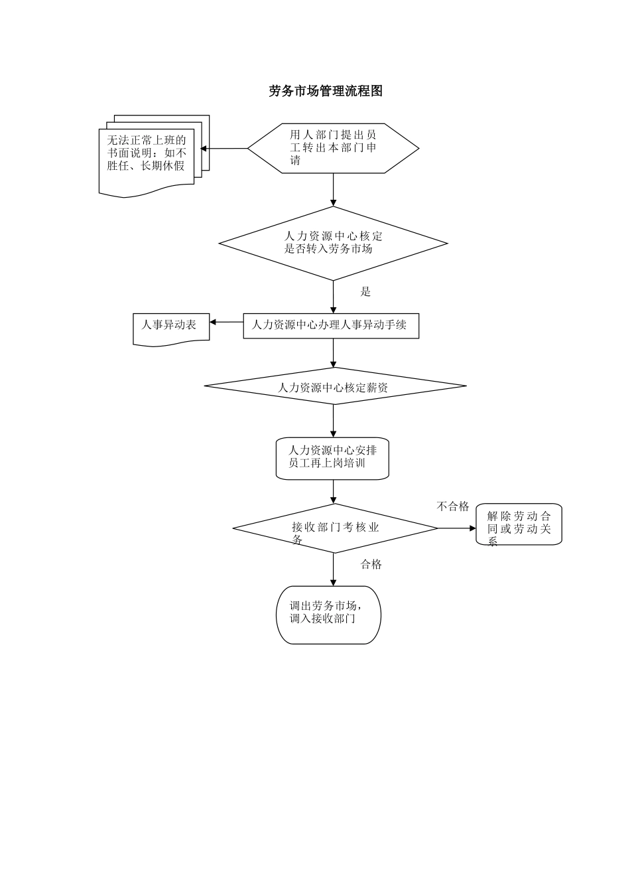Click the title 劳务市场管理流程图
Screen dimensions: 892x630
pyautogui.click(x=326, y=91)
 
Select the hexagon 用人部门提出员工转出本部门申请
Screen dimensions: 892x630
pyautogui.click(x=333, y=149)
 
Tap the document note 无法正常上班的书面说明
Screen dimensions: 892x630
pyautogui.click(x=147, y=156)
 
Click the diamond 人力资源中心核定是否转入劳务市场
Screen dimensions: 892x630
pyautogui.click(x=333, y=243)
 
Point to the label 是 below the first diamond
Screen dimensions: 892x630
pyautogui.click(x=365, y=292)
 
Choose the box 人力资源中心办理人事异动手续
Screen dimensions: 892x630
pyautogui.click(x=331, y=325)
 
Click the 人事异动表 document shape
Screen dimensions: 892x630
pyautogui.click(x=171, y=327)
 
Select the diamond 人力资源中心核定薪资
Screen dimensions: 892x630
pyautogui.click(x=335, y=386)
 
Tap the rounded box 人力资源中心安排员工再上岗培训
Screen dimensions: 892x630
pyautogui.click(x=332, y=457)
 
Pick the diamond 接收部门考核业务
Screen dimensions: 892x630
pyautogui.click(x=335, y=528)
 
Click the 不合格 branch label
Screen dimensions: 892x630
pyautogui.click(x=453, y=507)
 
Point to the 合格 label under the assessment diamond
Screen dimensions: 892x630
pyautogui.click(x=371, y=565)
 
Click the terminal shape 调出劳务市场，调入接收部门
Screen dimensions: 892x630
pyautogui.click(x=328, y=615)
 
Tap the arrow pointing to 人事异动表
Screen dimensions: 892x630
pyautogui.click(x=227, y=323)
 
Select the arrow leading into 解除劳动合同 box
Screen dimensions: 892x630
pyautogui.click(x=458, y=528)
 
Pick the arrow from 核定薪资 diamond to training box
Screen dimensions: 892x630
pyautogui.click(x=333, y=421)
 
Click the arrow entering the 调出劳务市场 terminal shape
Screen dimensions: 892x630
pyautogui.click(x=333, y=569)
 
